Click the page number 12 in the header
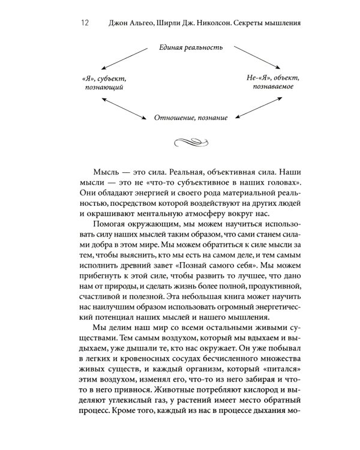83,23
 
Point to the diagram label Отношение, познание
191,118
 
